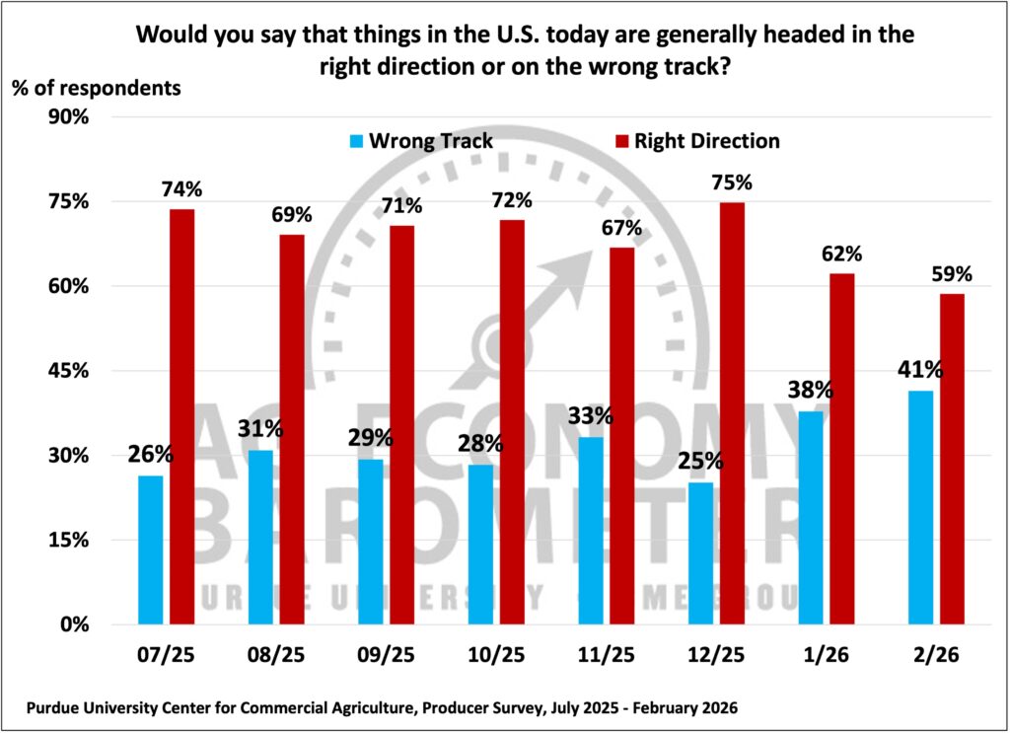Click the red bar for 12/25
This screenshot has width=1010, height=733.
(733, 413)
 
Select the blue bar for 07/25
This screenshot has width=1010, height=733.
(151, 550)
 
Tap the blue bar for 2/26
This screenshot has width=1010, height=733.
(920, 507)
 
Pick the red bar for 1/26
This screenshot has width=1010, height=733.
(841, 449)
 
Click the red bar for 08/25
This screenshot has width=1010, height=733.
(292, 429)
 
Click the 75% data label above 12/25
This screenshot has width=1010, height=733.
(732, 183)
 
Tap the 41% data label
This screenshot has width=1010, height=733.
(920, 371)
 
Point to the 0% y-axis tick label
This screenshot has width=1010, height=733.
(74, 624)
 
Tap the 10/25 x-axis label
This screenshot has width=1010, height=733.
(497, 655)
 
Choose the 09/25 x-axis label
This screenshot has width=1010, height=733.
(388, 655)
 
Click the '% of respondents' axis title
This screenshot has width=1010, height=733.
(97, 86)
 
